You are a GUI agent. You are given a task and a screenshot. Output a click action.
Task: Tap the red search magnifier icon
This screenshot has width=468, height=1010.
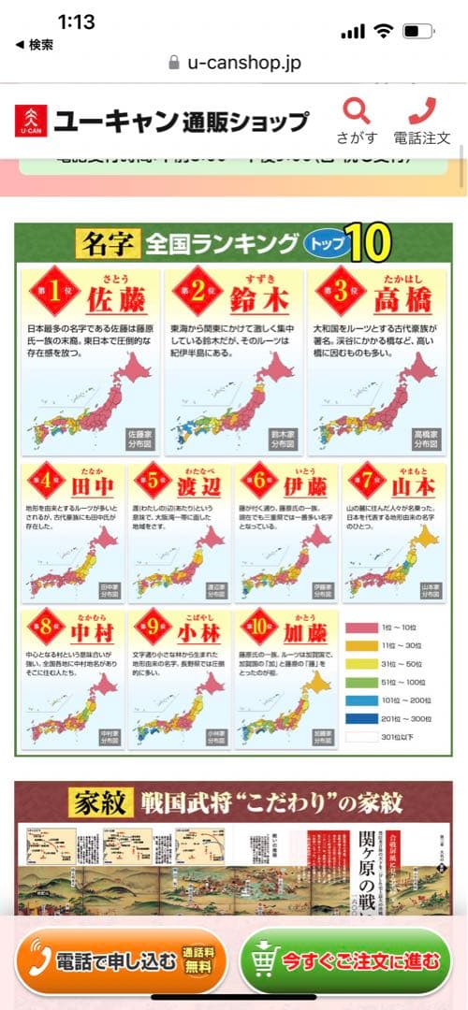point(357,111)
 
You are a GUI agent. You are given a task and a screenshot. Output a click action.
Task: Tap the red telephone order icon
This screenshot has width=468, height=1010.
point(422,111)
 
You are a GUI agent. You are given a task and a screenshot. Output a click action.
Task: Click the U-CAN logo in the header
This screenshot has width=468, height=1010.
point(32,122)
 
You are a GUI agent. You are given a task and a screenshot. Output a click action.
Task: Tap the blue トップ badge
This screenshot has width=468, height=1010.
point(326,245)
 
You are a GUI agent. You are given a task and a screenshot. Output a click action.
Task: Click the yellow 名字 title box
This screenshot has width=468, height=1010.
point(108,245)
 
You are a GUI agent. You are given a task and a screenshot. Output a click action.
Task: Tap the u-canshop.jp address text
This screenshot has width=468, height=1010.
point(243,63)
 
